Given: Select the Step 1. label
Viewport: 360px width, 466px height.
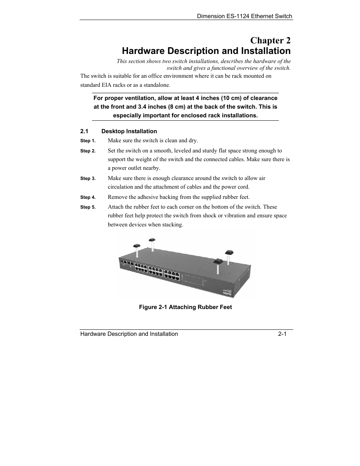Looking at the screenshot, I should tap(88, 141).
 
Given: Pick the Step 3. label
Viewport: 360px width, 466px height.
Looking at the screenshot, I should tap(88, 178).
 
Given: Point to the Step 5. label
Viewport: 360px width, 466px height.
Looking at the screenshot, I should tap(88, 207).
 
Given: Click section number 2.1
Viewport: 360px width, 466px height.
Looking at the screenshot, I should tap(84, 131).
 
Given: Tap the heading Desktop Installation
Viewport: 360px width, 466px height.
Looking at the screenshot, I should tap(129, 131).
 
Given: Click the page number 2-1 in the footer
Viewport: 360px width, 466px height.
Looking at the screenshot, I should tap(283, 334).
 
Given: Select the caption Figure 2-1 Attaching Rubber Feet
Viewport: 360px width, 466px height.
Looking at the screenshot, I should tap(185, 307).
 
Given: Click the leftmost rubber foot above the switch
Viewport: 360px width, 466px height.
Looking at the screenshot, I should tap(137, 245).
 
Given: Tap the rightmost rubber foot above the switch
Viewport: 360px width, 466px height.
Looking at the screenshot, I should tap(229, 251).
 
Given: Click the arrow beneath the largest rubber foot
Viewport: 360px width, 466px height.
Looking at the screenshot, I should tap(218, 269).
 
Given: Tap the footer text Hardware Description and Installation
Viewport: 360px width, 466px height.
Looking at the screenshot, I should tap(129, 334).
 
